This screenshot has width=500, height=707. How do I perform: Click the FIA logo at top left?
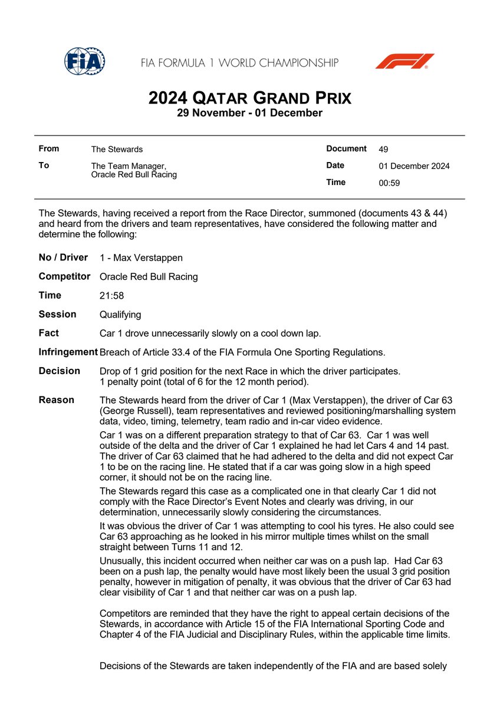[x=84, y=61]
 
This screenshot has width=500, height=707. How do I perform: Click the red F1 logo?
[x=404, y=61]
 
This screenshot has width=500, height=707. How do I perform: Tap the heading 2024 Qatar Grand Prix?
[x=249, y=97]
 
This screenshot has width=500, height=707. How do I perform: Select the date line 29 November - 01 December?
[x=249, y=113]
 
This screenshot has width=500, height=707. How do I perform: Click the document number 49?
[x=383, y=150]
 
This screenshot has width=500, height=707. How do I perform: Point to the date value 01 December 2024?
[x=414, y=166]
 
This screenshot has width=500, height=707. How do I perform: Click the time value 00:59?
[x=389, y=183]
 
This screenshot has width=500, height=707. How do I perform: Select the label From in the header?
[x=48, y=149]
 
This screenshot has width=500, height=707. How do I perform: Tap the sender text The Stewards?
[x=117, y=150]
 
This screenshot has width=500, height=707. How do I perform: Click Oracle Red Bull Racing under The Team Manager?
[x=134, y=175]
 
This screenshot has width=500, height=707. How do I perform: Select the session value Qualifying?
[x=120, y=315]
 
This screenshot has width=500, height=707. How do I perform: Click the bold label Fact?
[x=48, y=333]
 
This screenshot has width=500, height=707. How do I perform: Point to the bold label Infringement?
[x=68, y=352]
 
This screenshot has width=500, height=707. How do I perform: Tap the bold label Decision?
[x=59, y=371]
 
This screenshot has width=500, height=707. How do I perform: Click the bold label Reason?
[x=56, y=400]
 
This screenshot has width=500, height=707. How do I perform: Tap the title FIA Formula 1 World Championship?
[x=239, y=62]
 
